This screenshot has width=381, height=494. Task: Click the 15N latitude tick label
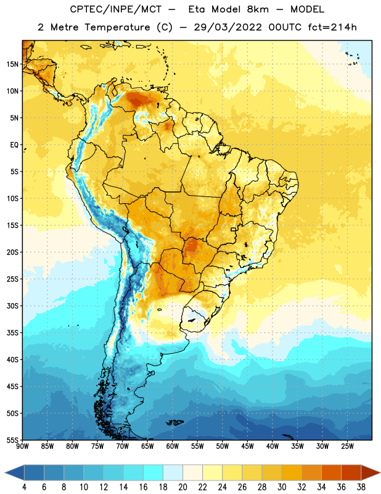[x=12, y=64]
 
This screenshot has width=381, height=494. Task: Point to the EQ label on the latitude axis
[x=14, y=145]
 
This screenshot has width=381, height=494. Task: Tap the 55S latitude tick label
[x=12, y=440]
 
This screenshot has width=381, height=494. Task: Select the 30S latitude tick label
[x=12, y=306]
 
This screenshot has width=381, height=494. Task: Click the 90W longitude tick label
[x=22, y=446]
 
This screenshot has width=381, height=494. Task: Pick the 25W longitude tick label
[x=347, y=446]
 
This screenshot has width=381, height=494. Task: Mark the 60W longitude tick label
[x=173, y=446]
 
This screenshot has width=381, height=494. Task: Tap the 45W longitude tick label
[x=247, y=446]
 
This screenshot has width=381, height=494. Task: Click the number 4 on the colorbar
[x=24, y=487]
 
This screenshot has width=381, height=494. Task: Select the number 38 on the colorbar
[x=361, y=487]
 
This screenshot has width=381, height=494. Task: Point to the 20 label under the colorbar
[x=182, y=487]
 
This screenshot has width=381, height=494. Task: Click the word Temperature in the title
[x=117, y=27]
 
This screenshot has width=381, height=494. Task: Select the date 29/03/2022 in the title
[x=227, y=27]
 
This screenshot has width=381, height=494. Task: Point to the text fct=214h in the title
[x=332, y=27]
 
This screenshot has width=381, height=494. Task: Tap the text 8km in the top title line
[x=258, y=9]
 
